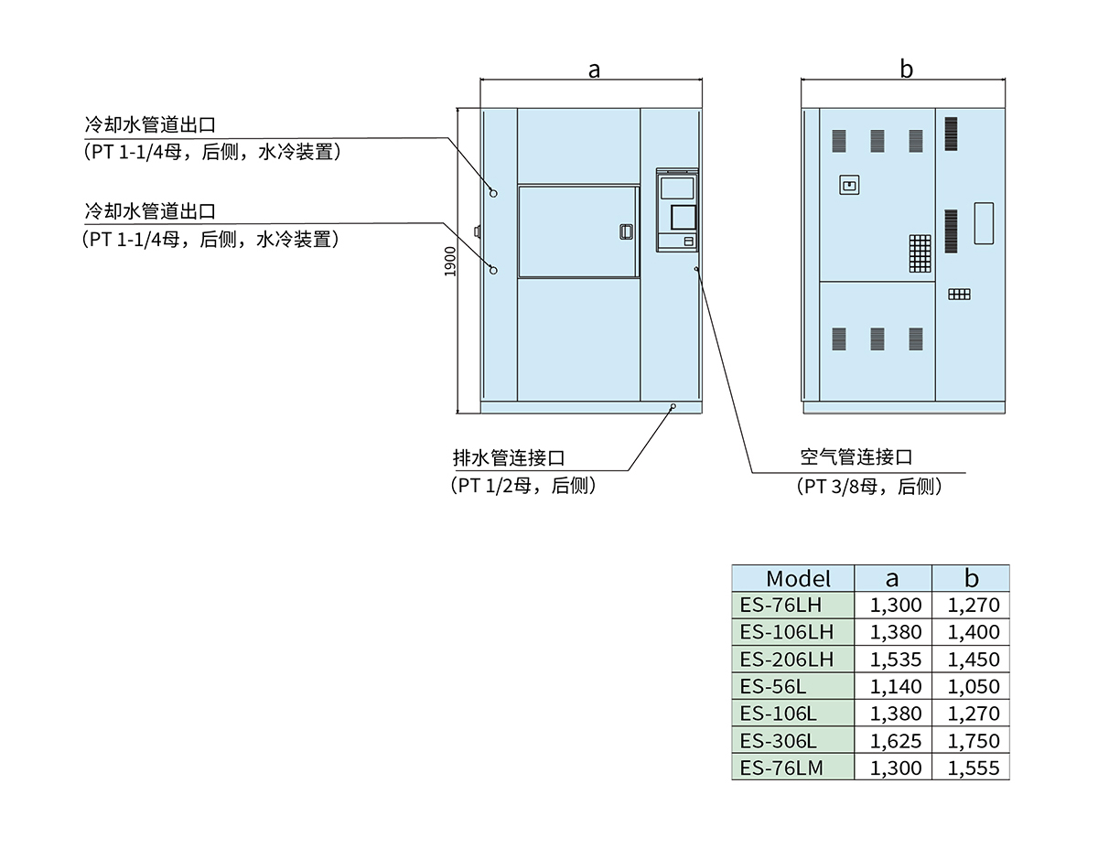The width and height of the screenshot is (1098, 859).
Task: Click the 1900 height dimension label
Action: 449,261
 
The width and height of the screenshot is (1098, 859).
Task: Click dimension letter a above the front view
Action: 594,70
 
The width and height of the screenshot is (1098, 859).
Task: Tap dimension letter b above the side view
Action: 906,70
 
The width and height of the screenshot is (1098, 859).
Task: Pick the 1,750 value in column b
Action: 971,740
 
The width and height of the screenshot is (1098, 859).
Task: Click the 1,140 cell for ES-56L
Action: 893,686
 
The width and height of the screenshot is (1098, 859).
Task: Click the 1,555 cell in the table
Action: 971,768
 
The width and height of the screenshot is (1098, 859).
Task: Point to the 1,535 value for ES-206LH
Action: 893,659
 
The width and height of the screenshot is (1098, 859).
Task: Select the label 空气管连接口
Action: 856,457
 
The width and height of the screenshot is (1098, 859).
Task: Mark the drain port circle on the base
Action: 673,405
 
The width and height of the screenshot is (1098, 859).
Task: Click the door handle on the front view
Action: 625,232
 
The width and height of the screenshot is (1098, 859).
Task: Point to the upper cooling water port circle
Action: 493,193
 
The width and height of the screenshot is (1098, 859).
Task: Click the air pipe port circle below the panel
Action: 696,269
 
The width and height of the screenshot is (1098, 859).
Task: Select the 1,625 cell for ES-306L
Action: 893,740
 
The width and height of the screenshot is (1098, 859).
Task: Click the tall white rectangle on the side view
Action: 984,222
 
